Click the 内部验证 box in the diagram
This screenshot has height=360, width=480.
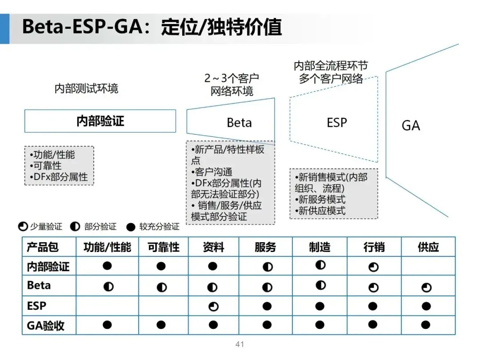tap(100, 121)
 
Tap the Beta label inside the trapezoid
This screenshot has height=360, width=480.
tap(239, 123)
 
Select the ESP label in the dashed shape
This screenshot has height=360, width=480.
tap(336, 123)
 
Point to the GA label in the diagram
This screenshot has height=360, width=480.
tap(411, 126)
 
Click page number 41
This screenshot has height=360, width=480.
tap(240, 344)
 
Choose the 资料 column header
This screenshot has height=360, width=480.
tap(213, 247)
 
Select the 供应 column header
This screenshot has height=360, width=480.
tap(428, 247)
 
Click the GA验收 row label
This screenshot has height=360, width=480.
tap(46, 325)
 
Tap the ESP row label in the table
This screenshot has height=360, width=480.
tap(36, 306)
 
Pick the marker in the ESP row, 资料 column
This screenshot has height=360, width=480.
tap(213, 307)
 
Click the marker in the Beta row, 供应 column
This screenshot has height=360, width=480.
tap(426, 288)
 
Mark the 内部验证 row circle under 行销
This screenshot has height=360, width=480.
tap(373, 267)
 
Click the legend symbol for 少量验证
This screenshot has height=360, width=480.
tap(23, 227)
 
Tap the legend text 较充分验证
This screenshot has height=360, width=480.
tap(159, 227)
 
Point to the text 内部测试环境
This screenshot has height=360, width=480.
tap(86, 88)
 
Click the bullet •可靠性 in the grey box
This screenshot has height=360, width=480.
tap(46, 166)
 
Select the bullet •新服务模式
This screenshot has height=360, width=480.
tap(320, 200)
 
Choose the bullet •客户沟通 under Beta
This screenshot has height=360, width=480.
tap(212, 172)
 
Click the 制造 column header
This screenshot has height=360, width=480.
tap(320, 247)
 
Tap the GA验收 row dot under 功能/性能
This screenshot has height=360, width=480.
tap(107, 324)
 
